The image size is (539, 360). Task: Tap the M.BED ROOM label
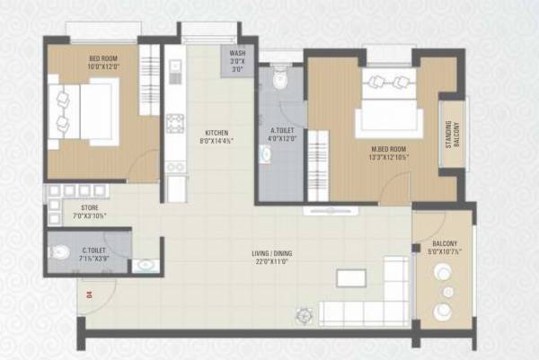pyautogui.click(x=389, y=149)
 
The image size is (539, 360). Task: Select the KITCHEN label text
pyautogui.click(x=216, y=132)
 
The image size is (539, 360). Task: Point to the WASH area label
pyautogui.click(x=237, y=54)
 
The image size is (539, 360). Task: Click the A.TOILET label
pyautogui.click(x=283, y=132)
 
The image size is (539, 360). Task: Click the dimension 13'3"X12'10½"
pyautogui.click(x=389, y=158)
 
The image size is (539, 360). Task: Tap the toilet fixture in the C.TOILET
pyautogui.click(x=60, y=251)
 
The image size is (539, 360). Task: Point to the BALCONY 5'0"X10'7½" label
pyautogui.click(x=445, y=249)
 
